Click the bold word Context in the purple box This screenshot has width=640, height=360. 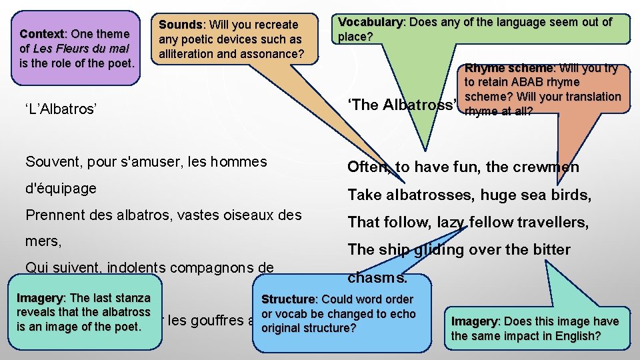pyautogui.click(x=42, y=34)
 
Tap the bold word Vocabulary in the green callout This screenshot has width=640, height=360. pyautogui.click(x=371, y=22)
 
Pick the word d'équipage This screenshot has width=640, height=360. pyautogui.click(x=61, y=189)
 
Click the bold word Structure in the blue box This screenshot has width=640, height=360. pyautogui.click(x=289, y=300)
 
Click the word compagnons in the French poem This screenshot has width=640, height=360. pyautogui.click(x=204, y=268)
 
